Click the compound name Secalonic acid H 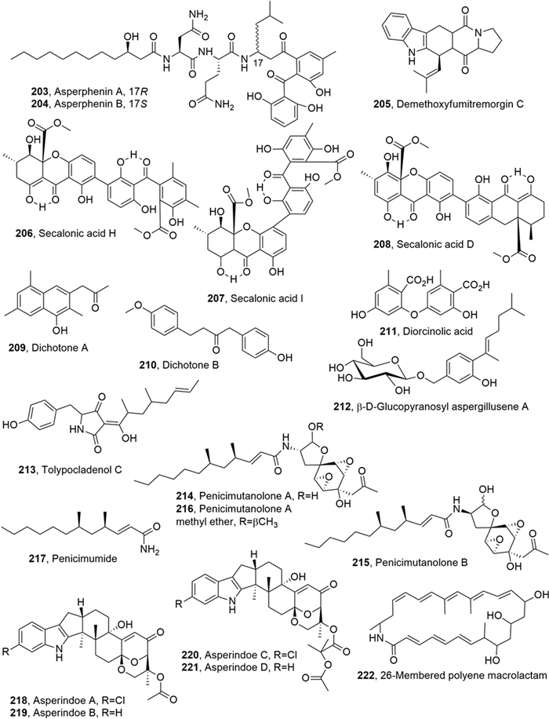[70, 234]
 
